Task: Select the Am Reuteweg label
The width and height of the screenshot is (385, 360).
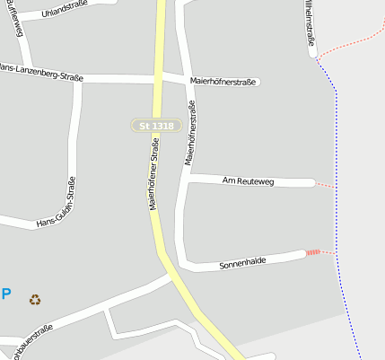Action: pyautogui.click(x=247, y=181)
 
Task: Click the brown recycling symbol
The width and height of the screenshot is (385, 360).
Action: pyautogui.click(x=35, y=300)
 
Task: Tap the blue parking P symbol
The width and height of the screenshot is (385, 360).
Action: pyautogui.click(x=5, y=294)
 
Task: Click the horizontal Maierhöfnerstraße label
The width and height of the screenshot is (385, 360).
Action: pyautogui.click(x=223, y=82)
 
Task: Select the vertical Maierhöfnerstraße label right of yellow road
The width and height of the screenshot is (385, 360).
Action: pyautogui.click(x=190, y=132)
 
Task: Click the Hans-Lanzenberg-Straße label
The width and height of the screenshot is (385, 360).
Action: pyautogui.click(x=40, y=73)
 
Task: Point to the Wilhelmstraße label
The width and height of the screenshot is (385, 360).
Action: pyautogui.click(x=310, y=22)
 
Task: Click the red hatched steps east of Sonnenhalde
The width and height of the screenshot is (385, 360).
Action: pyautogui.click(x=313, y=252)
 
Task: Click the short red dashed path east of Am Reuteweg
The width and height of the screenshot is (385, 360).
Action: pyautogui.click(x=324, y=184)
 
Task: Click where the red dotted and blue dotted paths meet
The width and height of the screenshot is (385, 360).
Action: pyautogui.click(x=319, y=58)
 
